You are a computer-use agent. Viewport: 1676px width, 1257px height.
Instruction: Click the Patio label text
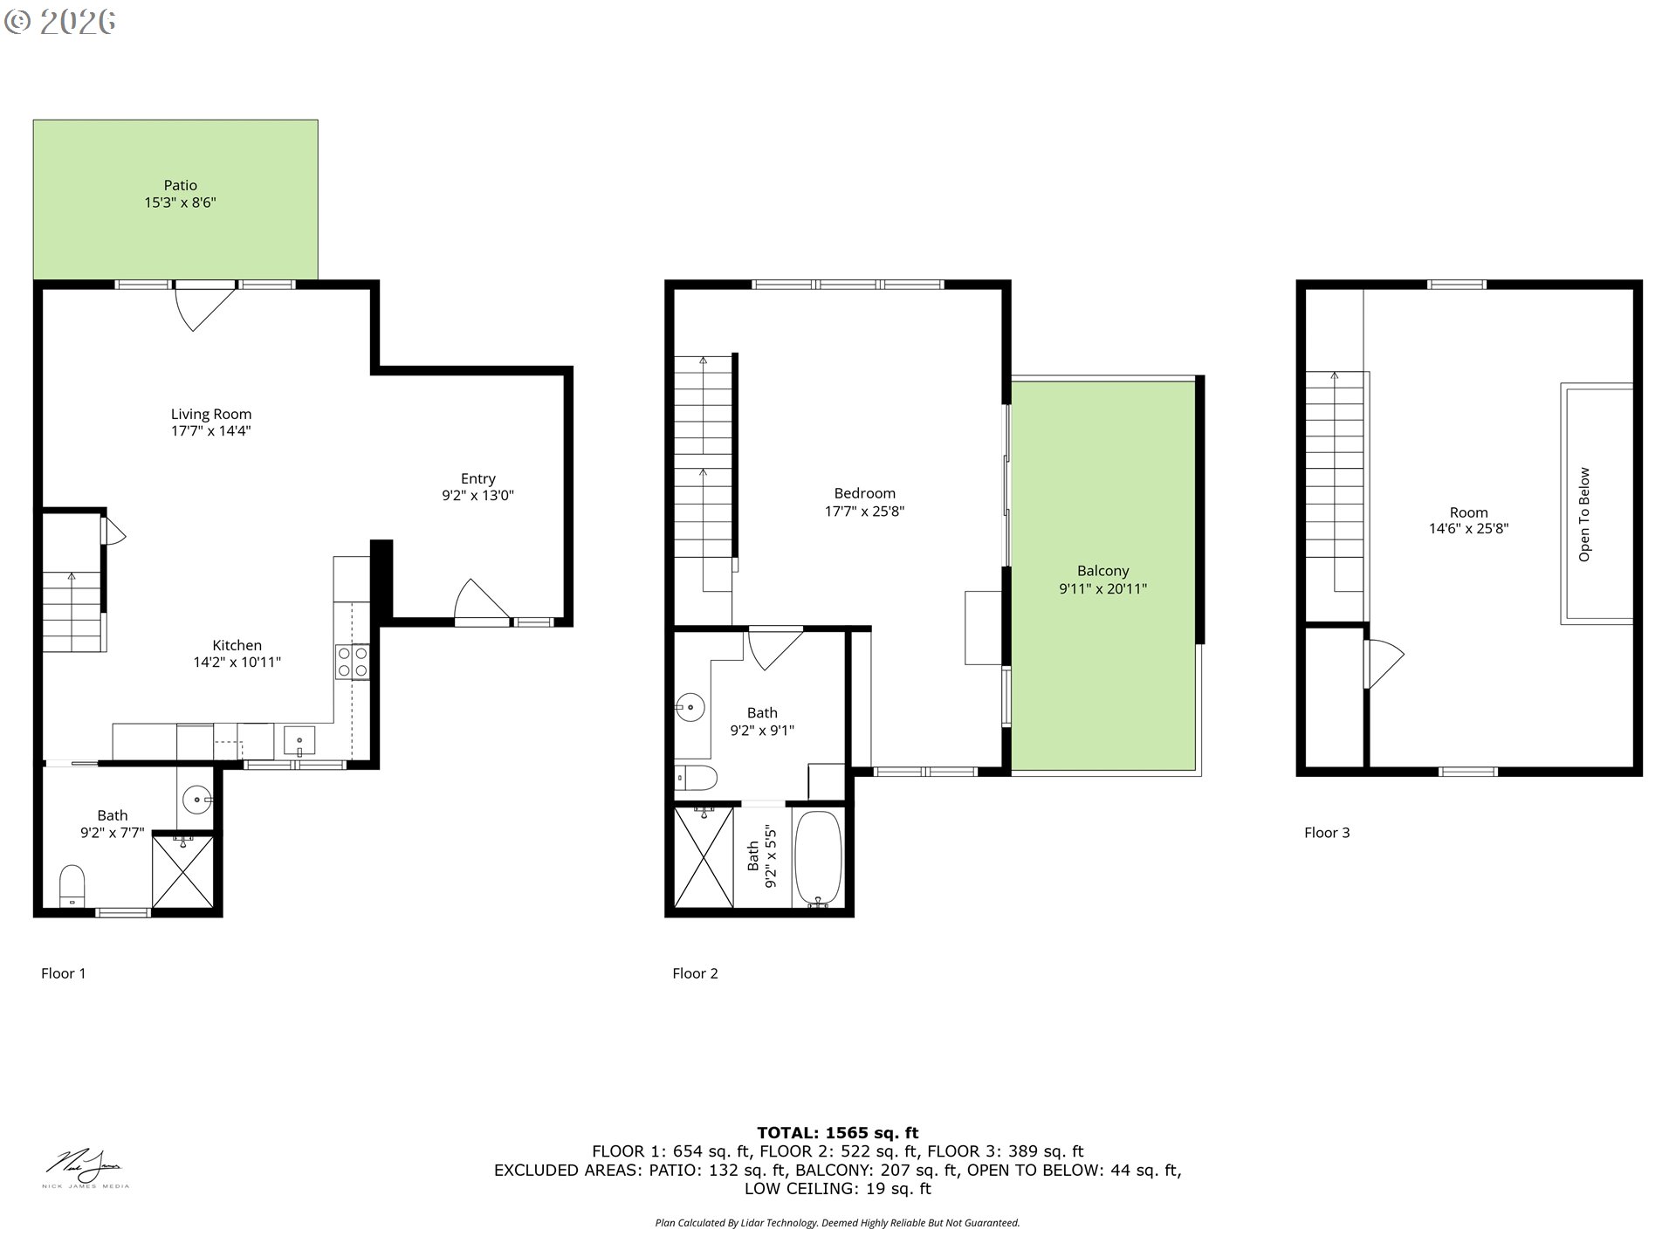point(180,185)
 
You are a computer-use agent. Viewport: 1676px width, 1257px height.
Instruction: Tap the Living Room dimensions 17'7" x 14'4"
point(210,431)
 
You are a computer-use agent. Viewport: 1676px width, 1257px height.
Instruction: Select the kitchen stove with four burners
point(352,662)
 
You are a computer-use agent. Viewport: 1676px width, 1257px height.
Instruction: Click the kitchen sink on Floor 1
point(299,742)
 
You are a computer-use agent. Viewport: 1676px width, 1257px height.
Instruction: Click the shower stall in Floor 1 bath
point(182,871)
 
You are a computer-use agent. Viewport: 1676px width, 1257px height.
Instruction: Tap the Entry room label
point(477,478)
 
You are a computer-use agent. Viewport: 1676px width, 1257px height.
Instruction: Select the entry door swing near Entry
point(478,601)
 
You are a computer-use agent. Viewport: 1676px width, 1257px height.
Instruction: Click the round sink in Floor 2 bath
point(690,706)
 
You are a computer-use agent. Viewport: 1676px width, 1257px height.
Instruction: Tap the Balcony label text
point(1102,571)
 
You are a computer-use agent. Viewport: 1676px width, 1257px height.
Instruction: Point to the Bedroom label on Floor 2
point(864,493)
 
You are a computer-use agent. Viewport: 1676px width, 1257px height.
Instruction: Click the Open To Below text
point(1584,514)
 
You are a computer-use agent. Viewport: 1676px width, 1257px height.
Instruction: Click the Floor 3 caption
point(1326,833)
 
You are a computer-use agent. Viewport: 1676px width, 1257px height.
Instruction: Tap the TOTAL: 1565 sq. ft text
point(837,1133)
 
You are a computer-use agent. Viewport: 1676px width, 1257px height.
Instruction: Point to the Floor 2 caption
point(695,973)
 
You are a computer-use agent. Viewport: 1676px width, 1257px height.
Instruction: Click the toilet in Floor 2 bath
point(697,775)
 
